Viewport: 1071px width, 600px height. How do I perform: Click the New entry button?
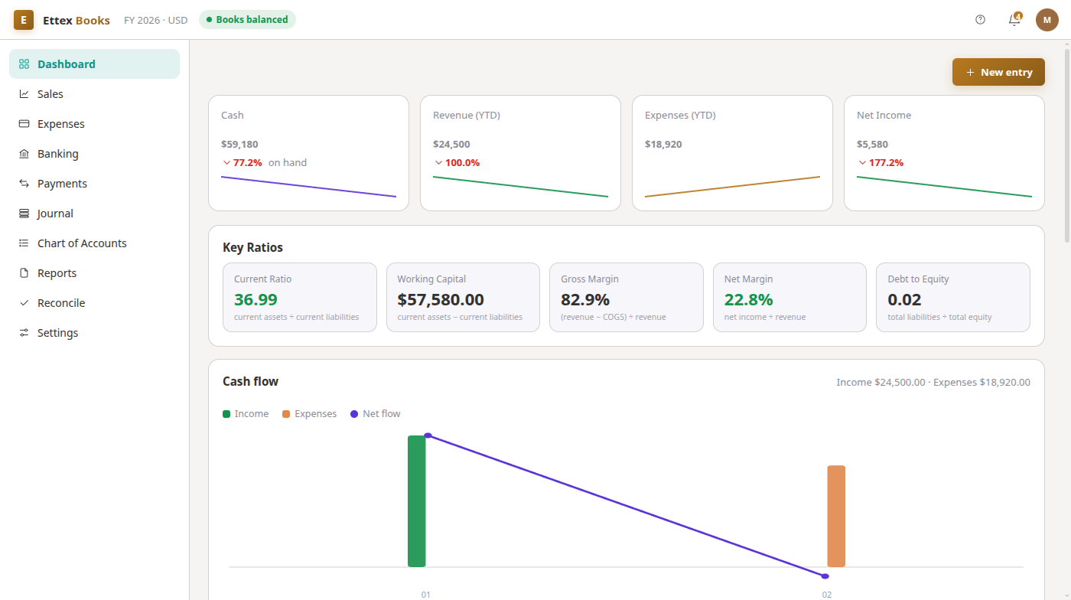tap(998, 72)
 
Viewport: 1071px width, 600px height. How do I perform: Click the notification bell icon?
tap(1014, 20)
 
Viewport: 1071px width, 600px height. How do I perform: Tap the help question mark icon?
tap(980, 20)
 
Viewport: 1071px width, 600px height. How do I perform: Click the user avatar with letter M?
tap(1047, 20)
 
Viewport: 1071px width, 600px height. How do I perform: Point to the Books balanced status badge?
tap(247, 20)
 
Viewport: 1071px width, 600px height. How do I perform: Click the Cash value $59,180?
tap(239, 144)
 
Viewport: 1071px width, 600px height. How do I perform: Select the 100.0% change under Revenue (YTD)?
tap(462, 163)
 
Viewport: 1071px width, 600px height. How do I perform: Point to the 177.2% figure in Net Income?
tap(886, 163)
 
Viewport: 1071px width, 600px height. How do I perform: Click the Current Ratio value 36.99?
tap(256, 299)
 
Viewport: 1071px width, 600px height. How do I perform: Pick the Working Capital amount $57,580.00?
tap(441, 299)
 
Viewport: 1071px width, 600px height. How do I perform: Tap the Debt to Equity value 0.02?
tap(904, 299)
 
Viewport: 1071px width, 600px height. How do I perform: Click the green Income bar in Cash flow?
tap(416, 501)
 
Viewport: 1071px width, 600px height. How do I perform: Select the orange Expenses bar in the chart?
tap(836, 517)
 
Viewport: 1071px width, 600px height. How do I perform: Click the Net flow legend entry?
tap(376, 414)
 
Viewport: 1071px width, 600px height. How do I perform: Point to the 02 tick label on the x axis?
tap(827, 595)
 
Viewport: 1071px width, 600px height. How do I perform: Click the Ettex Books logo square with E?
tap(24, 20)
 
